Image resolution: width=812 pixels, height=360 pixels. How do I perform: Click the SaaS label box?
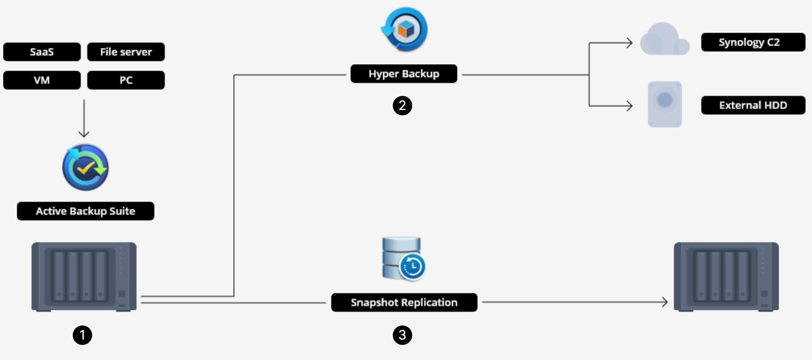click(x=42, y=52)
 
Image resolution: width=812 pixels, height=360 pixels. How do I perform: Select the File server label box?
click(x=126, y=52)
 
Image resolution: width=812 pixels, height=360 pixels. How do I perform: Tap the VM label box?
click(x=42, y=80)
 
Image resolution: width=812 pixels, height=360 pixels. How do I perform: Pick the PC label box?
click(x=126, y=80)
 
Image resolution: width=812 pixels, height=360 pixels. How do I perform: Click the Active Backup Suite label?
click(x=86, y=211)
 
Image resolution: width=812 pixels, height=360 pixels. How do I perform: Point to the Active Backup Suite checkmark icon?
click(x=86, y=167)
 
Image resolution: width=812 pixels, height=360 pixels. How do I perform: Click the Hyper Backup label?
click(x=404, y=74)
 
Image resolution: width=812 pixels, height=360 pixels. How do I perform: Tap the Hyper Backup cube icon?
click(x=405, y=29)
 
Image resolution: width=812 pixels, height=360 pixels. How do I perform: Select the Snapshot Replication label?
click(x=404, y=302)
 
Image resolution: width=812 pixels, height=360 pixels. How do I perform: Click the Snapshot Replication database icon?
click(x=403, y=259)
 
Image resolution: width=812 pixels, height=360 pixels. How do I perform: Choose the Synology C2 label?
click(x=753, y=42)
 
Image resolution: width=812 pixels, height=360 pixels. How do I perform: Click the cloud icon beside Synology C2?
click(x=664, y=39)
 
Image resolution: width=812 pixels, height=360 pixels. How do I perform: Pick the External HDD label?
click(x=753, y=105)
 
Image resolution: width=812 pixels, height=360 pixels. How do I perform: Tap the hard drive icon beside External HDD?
click(x=665, y=105)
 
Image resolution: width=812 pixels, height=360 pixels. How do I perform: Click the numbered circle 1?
click(x=82, y=335)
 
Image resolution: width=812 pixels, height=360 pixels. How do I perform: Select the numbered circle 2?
click(x=402, y=106)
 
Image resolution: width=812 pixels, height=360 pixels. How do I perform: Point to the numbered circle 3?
click(x=402, y=335)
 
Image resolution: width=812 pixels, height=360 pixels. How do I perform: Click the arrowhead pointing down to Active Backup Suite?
click(x=84, y=134)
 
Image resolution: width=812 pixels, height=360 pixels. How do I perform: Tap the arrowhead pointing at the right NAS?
click(x=664, y=302)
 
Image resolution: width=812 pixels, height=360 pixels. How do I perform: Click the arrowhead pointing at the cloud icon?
click(x=629, y=43)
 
